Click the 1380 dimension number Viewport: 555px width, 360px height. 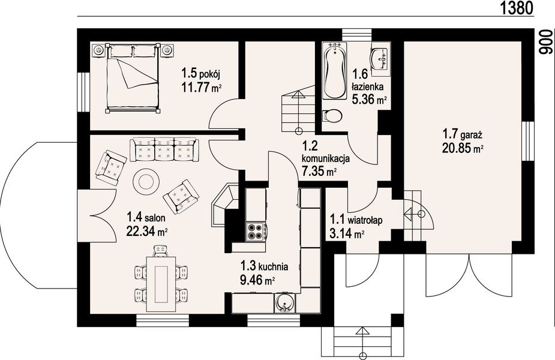(517, 7)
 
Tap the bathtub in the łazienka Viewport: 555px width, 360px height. (334, 70)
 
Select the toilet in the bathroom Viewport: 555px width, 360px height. (332, 116)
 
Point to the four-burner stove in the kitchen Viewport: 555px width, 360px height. (256, 231)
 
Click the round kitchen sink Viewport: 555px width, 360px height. (284, 302)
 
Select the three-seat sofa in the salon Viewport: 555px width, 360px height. (164, 150)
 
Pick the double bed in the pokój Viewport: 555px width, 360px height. (133, 78)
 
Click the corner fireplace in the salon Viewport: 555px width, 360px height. (224, 205)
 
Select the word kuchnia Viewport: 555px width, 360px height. (273, 266)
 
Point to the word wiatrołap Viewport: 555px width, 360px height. (365, 220)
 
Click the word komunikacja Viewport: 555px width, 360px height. (326, 158)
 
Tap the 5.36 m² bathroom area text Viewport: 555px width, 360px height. (369, 100)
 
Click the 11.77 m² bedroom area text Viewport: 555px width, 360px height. (202, 87)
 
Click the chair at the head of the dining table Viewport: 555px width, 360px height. (161, 251)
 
